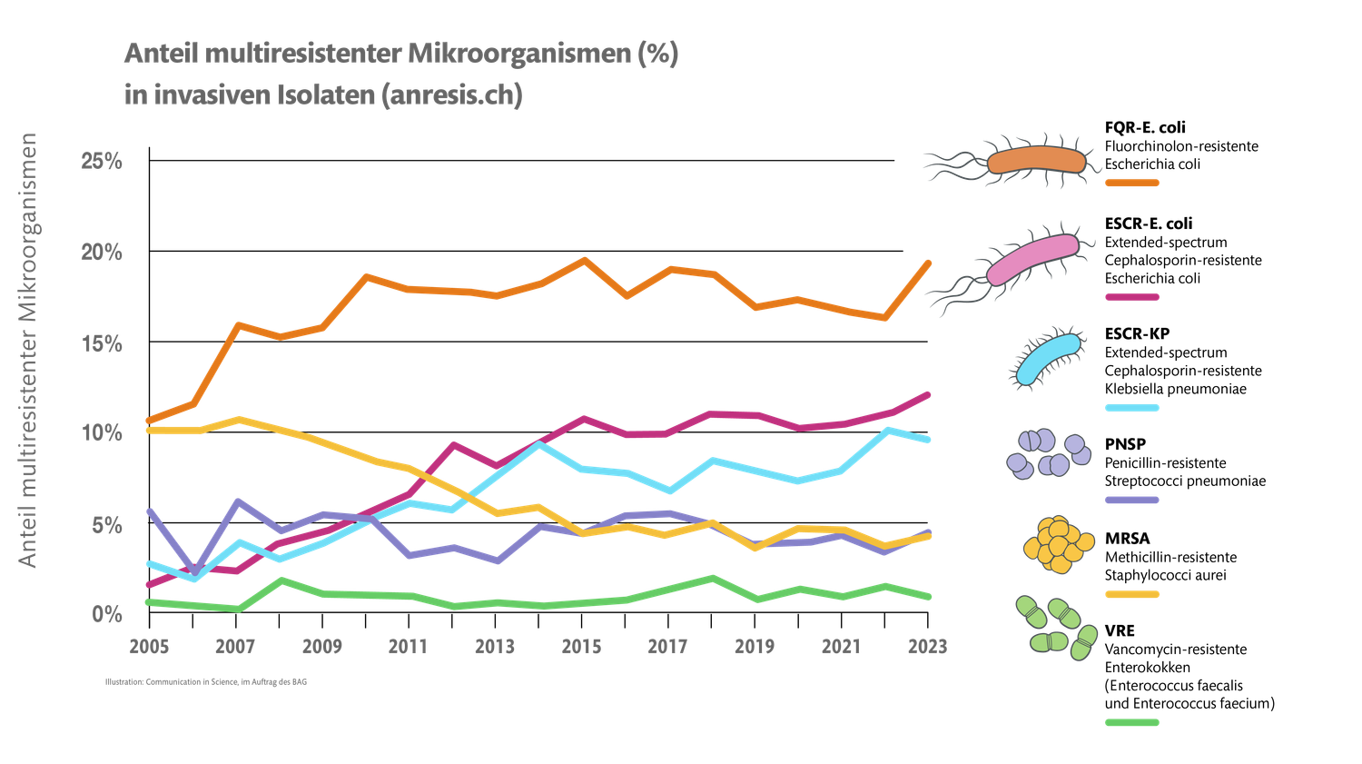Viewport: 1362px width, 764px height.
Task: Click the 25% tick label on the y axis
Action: (x=102, y=162)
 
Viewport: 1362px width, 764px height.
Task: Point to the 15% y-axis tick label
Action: (x=102, y=344)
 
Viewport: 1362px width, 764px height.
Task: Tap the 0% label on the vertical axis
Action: (x=107, y=615)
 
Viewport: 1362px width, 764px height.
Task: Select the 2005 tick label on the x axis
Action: (x=149, y=646)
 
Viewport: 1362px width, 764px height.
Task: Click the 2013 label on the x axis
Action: (x=495, y=646)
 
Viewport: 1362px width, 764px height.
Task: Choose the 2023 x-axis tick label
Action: (x=927, y=646)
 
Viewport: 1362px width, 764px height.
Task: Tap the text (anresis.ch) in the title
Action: (x=450, y=95)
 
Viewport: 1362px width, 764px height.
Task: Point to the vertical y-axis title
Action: (x=29, y=350)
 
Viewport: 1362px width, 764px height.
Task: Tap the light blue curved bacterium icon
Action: (x=1048, y=358)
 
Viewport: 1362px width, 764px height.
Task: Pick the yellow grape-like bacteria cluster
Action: (x=1057, y=545)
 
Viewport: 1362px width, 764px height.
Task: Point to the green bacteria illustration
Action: (x=1057, y=628)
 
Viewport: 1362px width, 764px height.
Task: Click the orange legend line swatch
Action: (x=1131, y=183)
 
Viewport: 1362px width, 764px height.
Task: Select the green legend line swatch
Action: (x=1131, y=723)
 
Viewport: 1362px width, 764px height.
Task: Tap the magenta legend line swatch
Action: (x=1131, y=296)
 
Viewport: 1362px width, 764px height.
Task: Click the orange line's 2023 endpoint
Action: (x=929, y=262)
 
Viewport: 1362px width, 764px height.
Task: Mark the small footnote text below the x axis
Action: (x=206, y=681)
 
